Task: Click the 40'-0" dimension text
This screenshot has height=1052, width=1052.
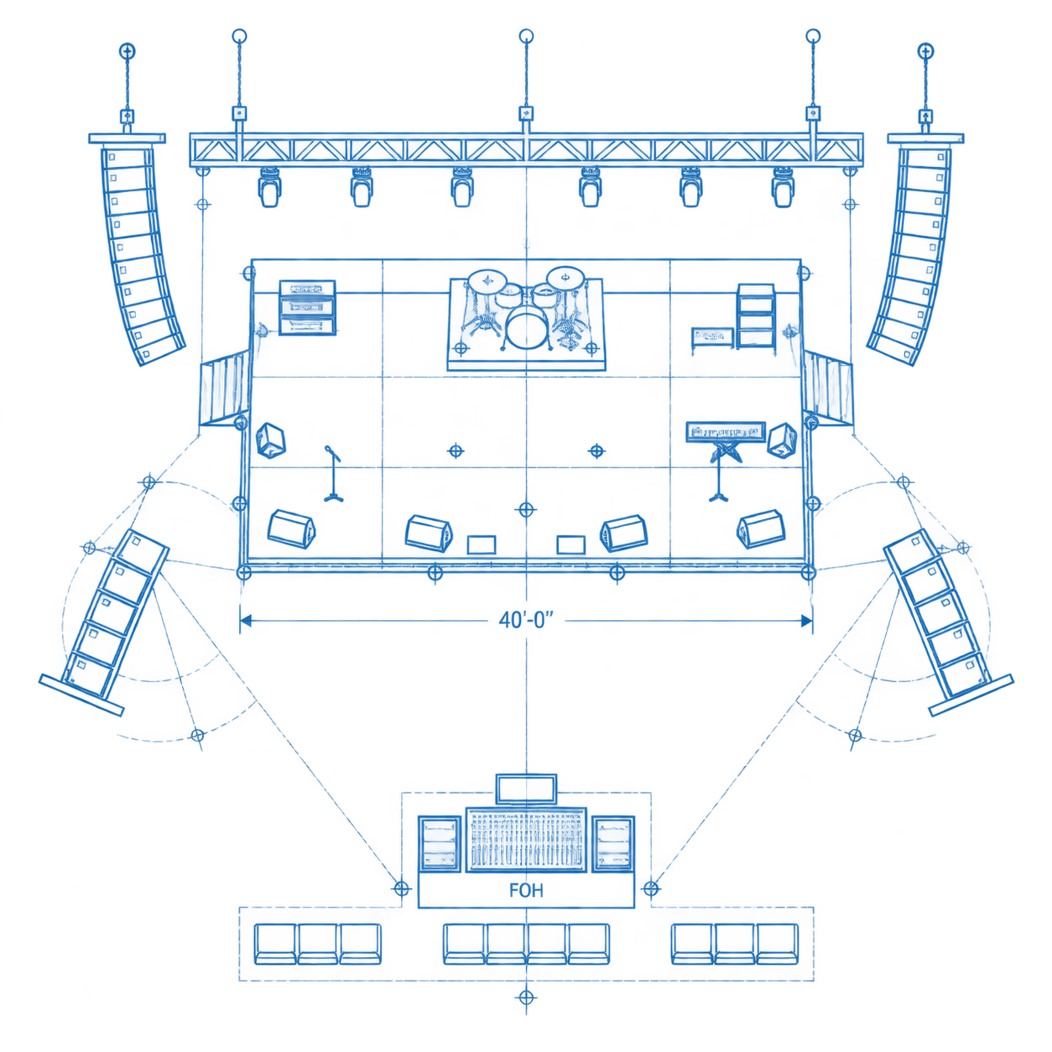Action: [x=526, y=620]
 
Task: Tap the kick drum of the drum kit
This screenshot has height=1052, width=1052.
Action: [x=526, y=328]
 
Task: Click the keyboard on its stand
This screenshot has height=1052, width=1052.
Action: [x=726, y=432]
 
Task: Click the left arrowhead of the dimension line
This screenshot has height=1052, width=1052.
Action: [x=246, y=621]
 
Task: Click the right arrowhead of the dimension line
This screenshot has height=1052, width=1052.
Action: [x=806, y=621]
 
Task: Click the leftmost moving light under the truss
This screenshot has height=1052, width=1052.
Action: [x=269, y=187]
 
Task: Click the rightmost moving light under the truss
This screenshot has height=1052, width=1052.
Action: [x=783, y=187]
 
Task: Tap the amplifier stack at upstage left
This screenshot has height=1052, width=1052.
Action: [x=307, y=307]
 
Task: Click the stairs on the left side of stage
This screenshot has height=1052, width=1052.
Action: [x=224, y=388]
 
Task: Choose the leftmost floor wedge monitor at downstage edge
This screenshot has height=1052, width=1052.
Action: [x=292, y=529]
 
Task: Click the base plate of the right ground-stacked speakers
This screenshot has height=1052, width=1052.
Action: [x=971, y=695]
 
